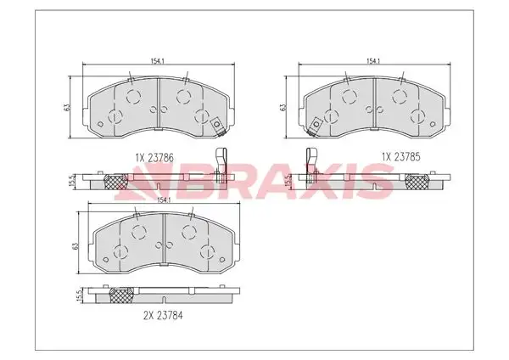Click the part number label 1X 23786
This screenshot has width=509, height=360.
(154, 158)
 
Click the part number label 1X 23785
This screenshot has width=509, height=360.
(401, 157)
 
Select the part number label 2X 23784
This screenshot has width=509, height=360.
(163, 315)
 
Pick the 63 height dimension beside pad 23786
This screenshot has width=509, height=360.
(66, 107)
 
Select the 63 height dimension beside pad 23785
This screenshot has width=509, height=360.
(282, 107)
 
